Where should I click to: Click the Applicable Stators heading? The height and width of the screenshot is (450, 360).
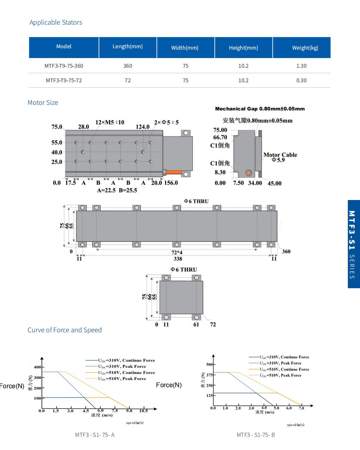pyautogui.click(x=56, y=23)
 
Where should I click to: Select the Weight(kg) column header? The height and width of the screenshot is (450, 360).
pyautogui.click(x=305, y=48)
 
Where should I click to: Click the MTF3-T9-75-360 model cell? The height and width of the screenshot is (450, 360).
pyautogui.click(x=64, y=66)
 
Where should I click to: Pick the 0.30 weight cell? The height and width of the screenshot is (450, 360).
pyautogui.click(x=301, y=80)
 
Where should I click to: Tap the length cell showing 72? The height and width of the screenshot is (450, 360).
pyautogui.click(x=128, y=80)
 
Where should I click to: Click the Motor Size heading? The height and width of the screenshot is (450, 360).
pyautogui.click(x=43, y=103)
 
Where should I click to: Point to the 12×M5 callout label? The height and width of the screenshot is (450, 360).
pyautogui.click(x=109, y=122)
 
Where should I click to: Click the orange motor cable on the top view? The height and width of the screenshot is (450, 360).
pyautogui.click(x=174, y=172)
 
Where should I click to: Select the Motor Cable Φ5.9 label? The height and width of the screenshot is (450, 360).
pyautogui.click(x=280, y=157)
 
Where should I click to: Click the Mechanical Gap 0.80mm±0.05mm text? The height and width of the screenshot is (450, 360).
pyautogui.click(x=260, y=109)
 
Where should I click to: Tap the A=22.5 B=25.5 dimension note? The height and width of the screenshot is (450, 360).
pyautogui.click(x=117, y=190)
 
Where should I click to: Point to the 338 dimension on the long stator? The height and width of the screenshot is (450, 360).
pyautogui.click(x=178, y=259)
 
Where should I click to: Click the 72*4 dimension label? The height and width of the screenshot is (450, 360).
pyautogui.click(x=177, y=252)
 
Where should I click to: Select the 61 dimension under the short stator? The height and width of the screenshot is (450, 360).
pyautogui.click(x=196, y=324)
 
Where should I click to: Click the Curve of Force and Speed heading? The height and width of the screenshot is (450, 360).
pyautogui.click(x=65, y=330)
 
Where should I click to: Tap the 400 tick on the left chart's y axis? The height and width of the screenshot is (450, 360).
pyautogui.click(x=37, y=367)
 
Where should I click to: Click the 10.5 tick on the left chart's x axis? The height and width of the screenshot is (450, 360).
pyautogui.click(x=144, y=411)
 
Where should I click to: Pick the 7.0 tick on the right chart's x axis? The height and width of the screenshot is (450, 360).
pyautogui.click(x=301, y=408)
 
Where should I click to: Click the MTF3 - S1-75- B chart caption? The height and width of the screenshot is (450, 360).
pyautogui.click(x=255, y=435)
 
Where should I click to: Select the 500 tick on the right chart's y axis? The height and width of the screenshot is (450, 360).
pyautogui.click(x=209, y=365)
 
